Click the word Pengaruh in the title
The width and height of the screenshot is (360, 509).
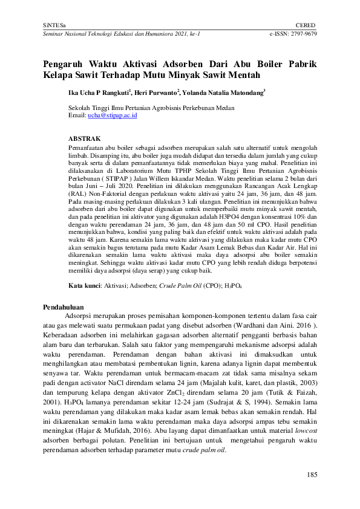[65, 65]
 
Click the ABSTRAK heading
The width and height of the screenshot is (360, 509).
[85, 138]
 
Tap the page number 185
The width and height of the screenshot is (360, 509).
[312, 475]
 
